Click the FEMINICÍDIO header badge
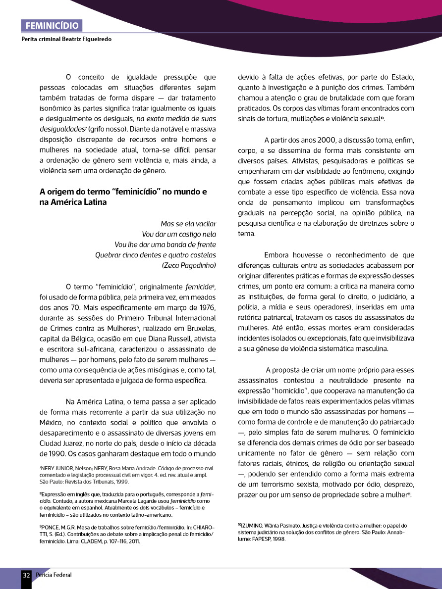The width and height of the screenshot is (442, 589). (51, 26)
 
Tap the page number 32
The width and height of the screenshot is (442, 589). (26, 575)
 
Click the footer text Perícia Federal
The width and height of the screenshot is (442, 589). (54, 575)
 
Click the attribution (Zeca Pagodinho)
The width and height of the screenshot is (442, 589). (189, 266)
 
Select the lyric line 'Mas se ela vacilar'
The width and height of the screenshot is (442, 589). (188, 224)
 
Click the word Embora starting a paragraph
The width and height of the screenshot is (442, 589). (279, 255)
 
